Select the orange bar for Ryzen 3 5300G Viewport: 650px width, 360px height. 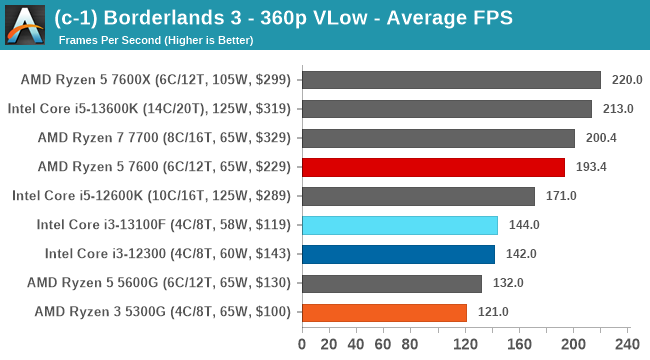click(384, 312)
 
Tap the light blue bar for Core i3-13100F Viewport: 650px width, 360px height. click(399, 225)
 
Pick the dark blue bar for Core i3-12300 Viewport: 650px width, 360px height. click(398, 254)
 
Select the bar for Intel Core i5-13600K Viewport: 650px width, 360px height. click(446, 109)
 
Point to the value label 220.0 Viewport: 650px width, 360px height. click(627, 80)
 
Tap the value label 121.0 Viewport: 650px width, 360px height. click(493, 312)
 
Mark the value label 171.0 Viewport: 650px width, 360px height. click(561, 196)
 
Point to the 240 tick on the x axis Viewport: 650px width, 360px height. click(627, 345)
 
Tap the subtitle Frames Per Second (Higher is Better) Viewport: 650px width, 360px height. click(156, 40)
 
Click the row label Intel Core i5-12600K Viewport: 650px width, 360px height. click(151, 196)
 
